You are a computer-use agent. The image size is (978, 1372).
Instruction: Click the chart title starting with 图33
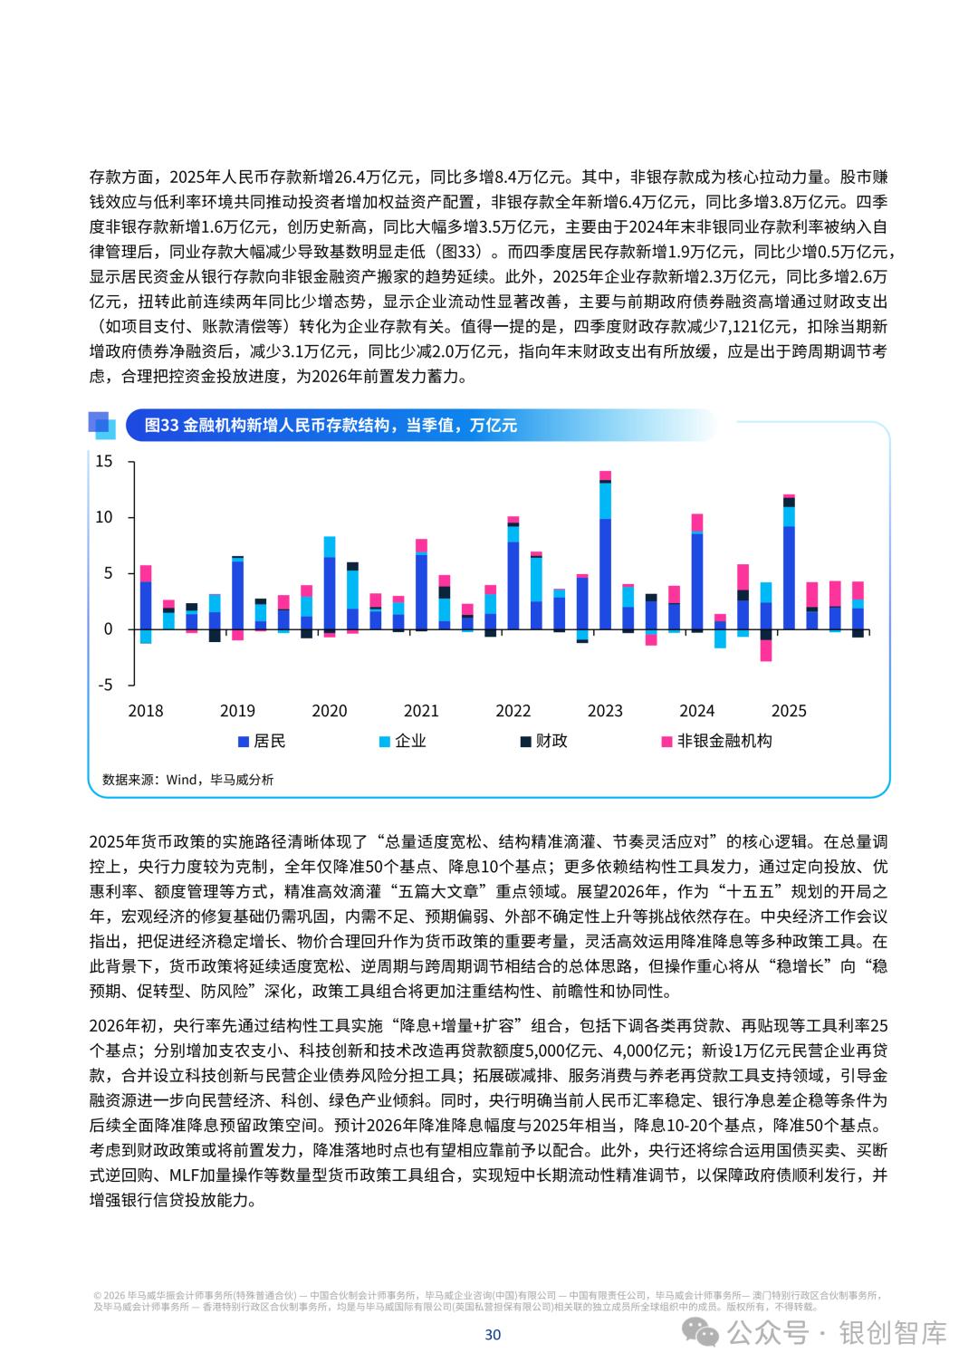tap(331, 425)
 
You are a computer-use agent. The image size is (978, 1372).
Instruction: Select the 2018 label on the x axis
tap(146, 711)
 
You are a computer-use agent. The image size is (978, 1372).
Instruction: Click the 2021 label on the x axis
tap(421, 711)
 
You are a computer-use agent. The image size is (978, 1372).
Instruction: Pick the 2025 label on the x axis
tap(788, 711)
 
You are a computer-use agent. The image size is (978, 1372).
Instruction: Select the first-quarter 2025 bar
tap(789, 561)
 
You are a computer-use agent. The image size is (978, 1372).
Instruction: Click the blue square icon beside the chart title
tap(101, 425)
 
